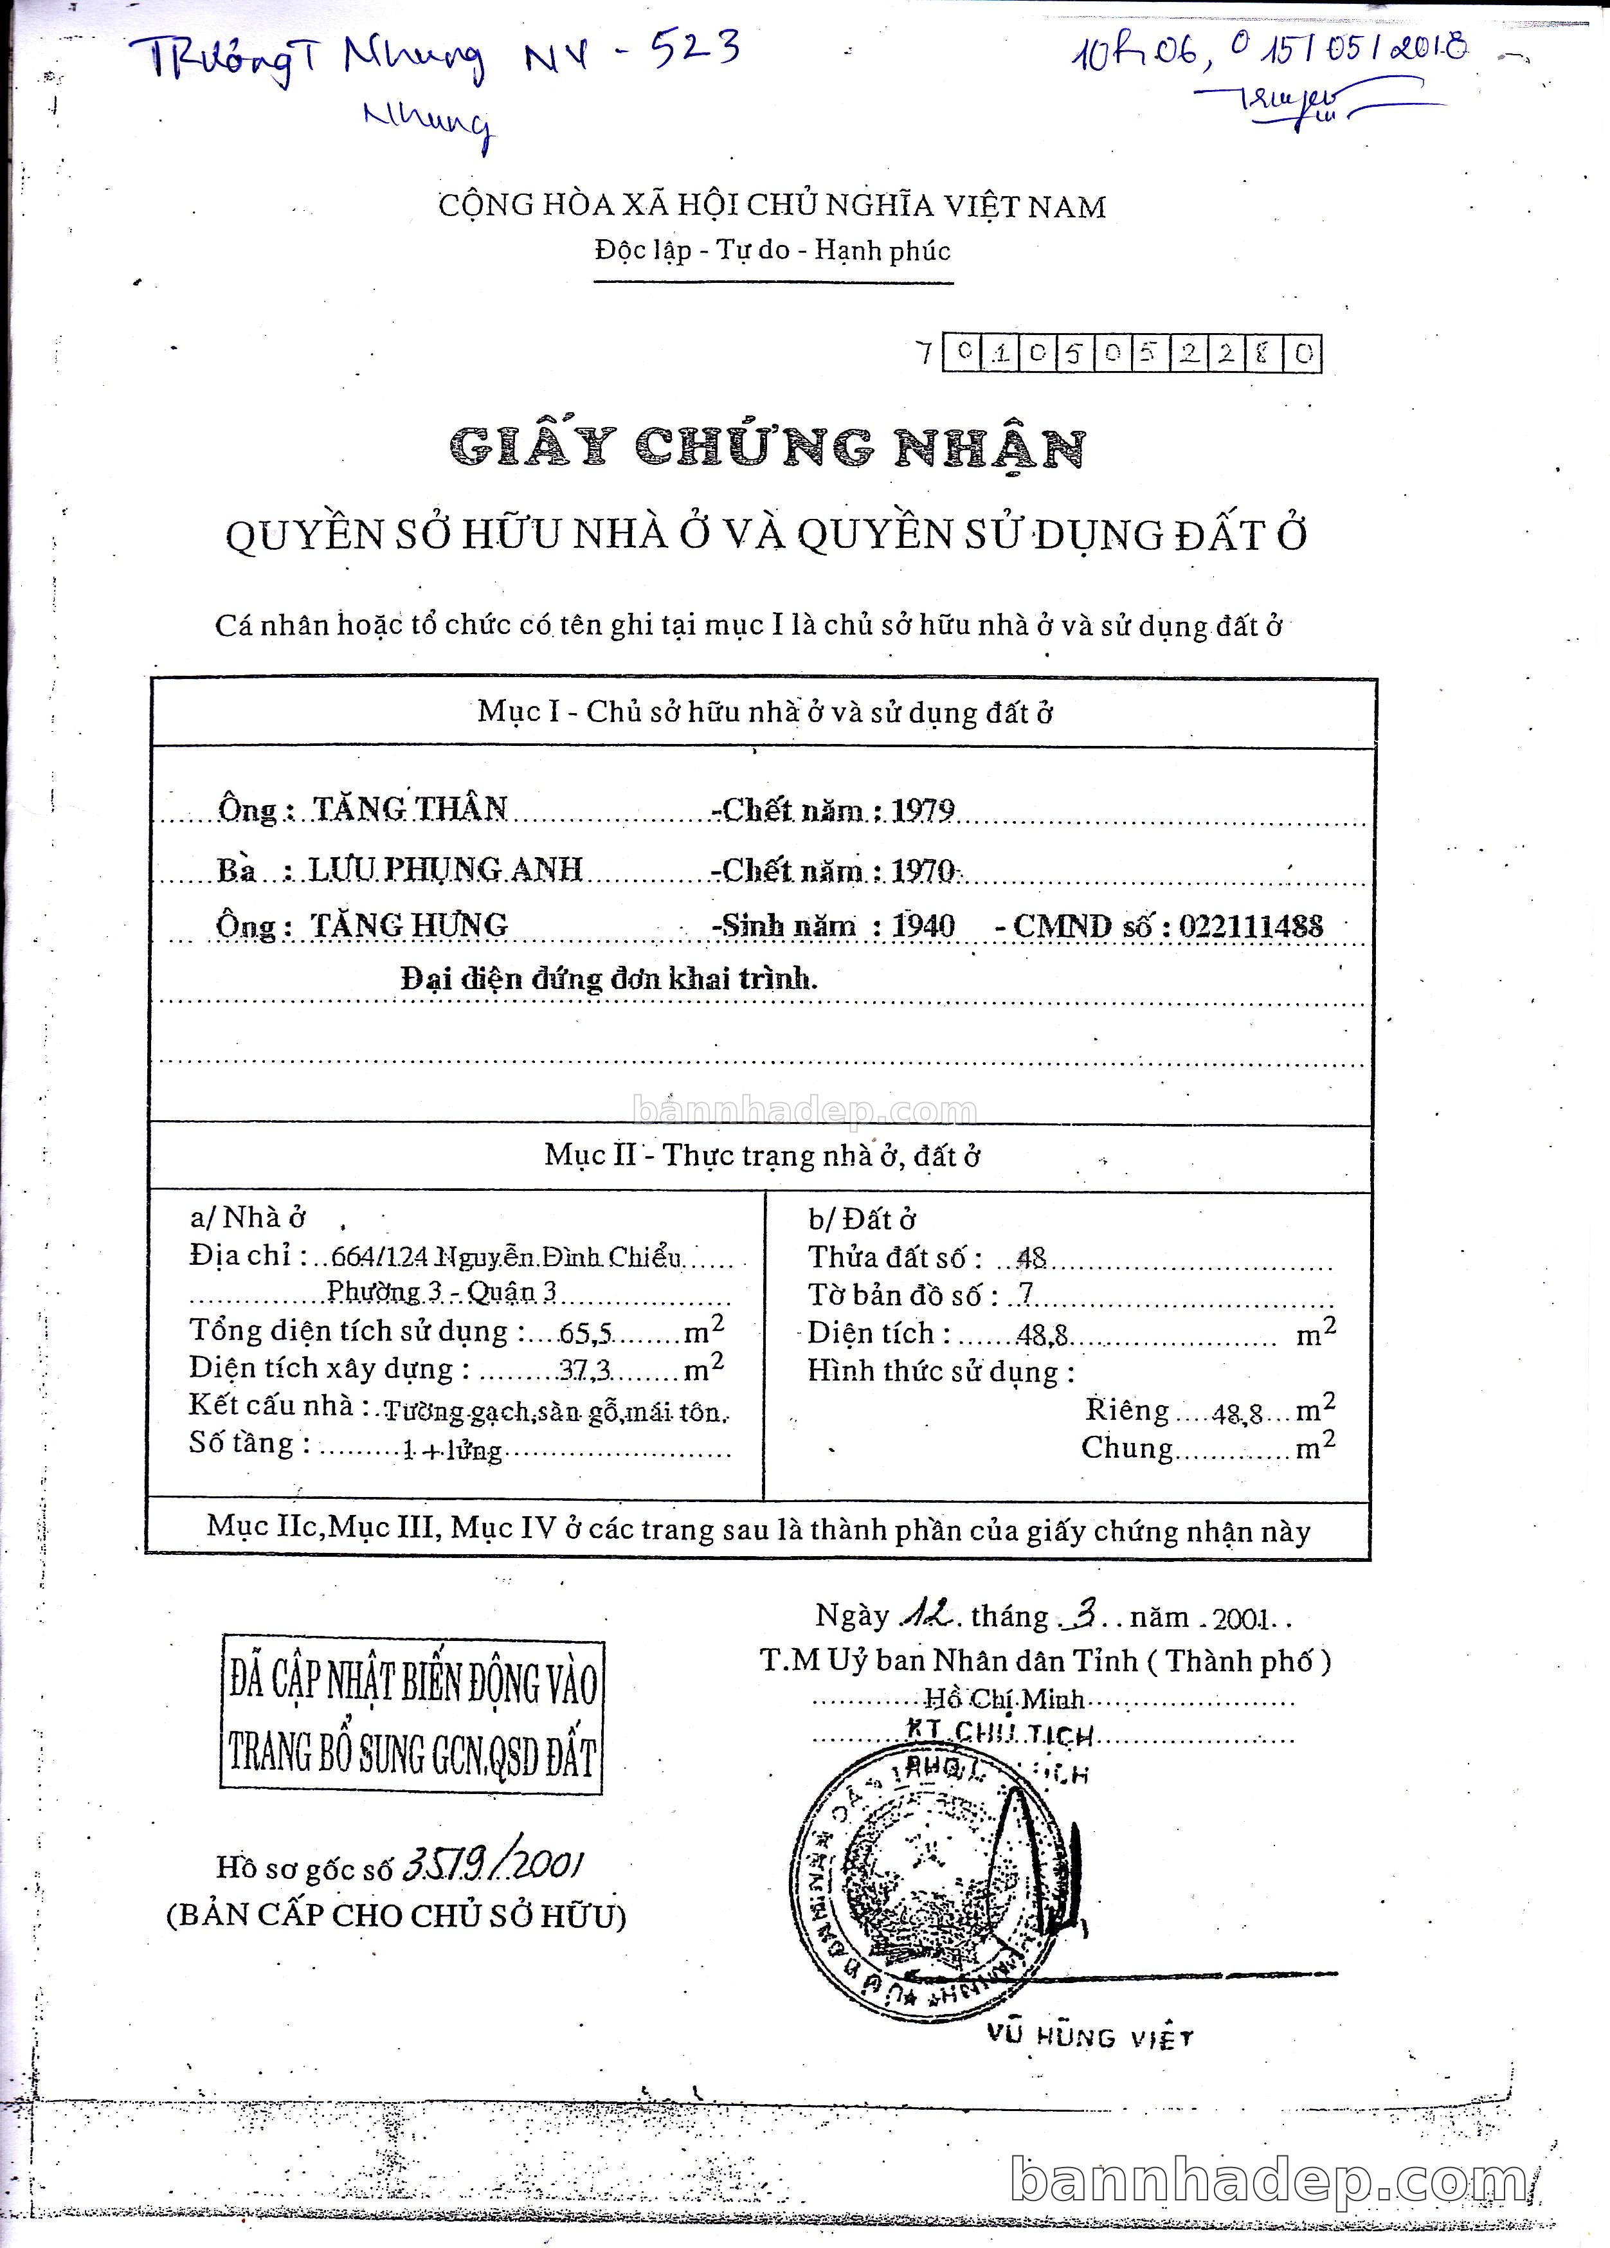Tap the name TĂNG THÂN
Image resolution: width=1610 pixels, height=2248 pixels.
click(410, 809)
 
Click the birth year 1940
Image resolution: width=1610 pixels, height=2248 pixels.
click(923, 926)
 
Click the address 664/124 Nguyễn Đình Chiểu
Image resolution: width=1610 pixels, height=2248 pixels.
click(507, 1257)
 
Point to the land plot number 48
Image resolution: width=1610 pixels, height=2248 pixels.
click(1032, 1258)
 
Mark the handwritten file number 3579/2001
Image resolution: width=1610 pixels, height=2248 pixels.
click(492, 1867)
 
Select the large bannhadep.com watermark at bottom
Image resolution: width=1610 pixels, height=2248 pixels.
click(1259, 2179)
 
